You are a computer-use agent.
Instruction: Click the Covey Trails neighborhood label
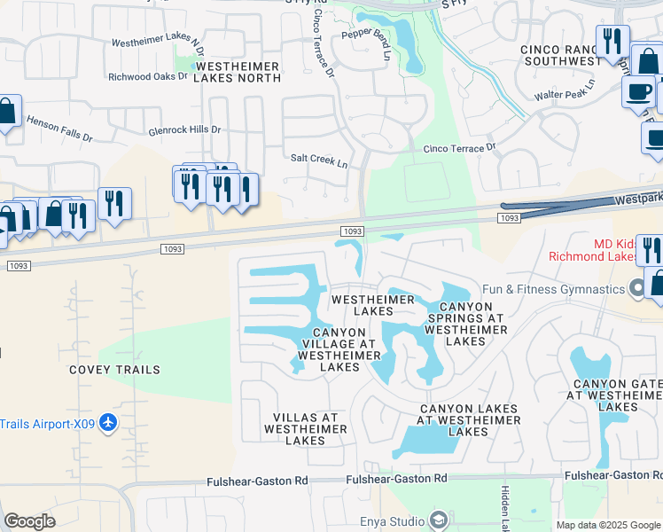[x=115, y=370]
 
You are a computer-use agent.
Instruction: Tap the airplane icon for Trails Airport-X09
[x=108, y=422]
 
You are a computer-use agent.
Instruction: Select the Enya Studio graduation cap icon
[x=437, y=520]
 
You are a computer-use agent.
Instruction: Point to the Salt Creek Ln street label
[x=319, y=160]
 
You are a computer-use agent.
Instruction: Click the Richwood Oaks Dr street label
[x=148, y=77]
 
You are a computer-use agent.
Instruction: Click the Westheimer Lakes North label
[x=238, y=73]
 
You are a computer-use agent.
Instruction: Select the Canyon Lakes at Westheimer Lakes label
[x=468, y=419]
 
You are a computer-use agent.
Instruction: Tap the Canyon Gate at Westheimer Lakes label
[x=617, y=395]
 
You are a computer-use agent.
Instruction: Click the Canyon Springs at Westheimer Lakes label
[x=465, y=317]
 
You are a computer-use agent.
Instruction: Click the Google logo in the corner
[x=29, y=521]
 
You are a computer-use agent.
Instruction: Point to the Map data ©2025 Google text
[x=607, y=525]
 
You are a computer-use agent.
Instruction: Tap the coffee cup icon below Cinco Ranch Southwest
[x=638, y=91]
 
